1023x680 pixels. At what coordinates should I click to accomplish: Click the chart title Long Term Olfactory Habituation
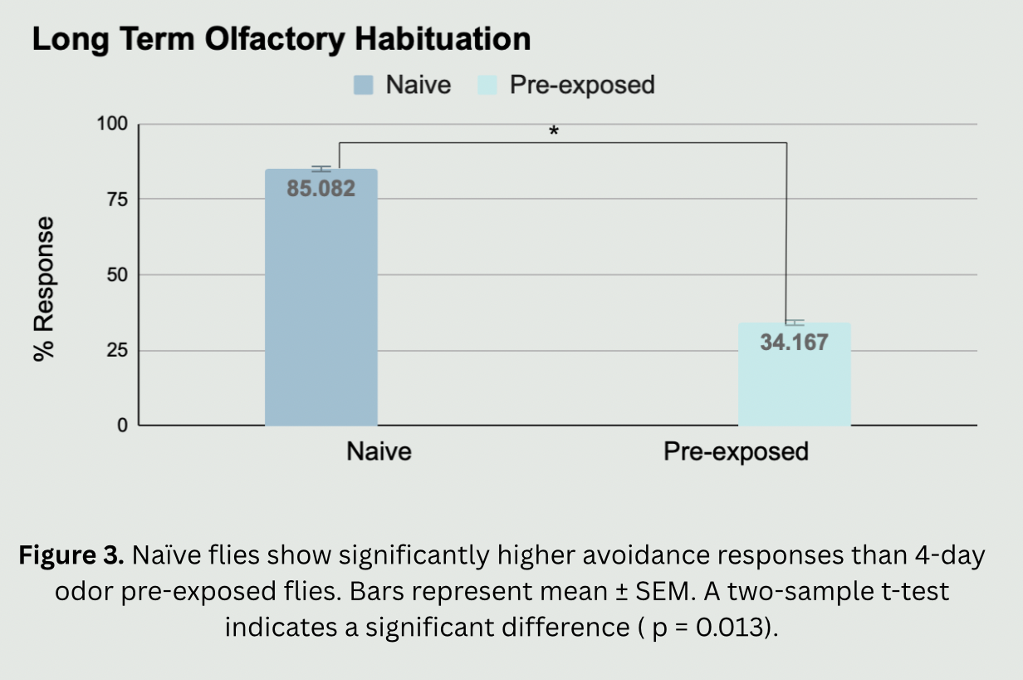281,40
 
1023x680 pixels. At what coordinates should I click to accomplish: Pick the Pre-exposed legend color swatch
487,85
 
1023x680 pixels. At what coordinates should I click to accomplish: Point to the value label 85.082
321,189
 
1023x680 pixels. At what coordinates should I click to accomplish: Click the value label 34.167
794,342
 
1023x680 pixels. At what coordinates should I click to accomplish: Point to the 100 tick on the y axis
113,125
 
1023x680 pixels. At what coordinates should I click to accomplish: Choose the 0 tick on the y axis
122,426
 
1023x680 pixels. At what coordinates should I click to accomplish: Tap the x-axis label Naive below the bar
379,451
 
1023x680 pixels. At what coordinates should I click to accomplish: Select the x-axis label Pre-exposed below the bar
736,451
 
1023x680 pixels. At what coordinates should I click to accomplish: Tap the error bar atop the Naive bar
321,169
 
